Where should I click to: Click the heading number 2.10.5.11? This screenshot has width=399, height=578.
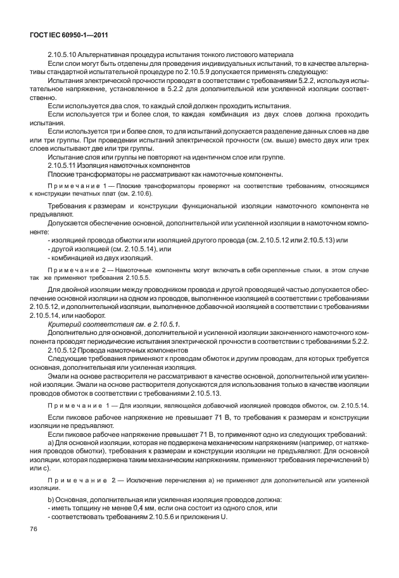click(x=63, y=165)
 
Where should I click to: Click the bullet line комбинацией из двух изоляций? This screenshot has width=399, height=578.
click(x=101, y=258)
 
